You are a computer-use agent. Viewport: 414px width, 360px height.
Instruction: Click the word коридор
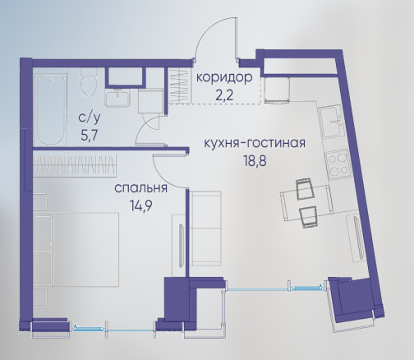pyautogui.click(x=224, y=78)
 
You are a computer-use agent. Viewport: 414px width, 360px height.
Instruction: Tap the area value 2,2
pyautogui.click(x=224, y=95)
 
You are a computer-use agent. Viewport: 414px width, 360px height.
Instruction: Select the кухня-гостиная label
pyautogui.click(x=255, y=144)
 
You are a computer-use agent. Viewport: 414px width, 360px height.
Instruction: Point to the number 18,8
pyautogui.click(x=255, y=161)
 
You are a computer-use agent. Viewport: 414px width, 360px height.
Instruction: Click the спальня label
pyautogui.click(x=140, y=189)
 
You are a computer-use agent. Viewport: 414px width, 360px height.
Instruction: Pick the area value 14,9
pyautogui.click(x=141, y=205)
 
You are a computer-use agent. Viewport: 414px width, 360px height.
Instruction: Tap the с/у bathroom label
pyautogui.click(x=90, y=118)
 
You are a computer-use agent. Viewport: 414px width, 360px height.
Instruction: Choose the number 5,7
pyautogui.click(x=90, y=136)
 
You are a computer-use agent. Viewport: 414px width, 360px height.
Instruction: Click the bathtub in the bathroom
pyautogui.click(x=51, y=109)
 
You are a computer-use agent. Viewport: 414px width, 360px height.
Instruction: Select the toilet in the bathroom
pyautogui.click(x=89, y=81)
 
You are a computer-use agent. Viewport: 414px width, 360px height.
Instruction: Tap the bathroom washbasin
pyautogui.click(x=117, y=98)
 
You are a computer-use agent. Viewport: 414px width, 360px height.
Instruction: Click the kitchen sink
pyautogui.click(x=333, y=123)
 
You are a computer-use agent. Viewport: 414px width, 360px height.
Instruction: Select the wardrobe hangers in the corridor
pyautogui.click(x=179, y=85)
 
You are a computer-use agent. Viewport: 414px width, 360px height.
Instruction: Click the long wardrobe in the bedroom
pyautogui.click(x=75, y=164)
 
